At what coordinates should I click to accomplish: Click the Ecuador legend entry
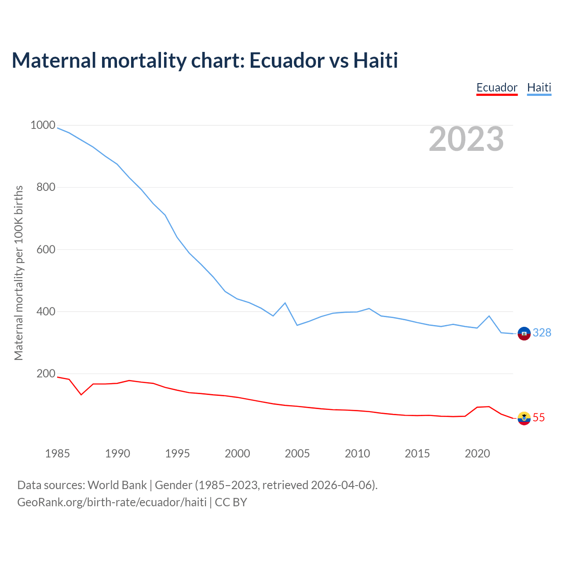(x=497, y=88)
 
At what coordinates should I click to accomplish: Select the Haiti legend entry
(x=539, y=88)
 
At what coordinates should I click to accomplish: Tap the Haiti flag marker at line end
(x=524, y=334)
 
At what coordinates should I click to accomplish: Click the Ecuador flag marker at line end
(x=524, y=418)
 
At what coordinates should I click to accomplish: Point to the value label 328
(x=542, y=333)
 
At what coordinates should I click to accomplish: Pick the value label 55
(x=539, y=418)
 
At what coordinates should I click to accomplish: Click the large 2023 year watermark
(x=466, y=139)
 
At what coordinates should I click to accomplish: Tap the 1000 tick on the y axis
(x=43, y=125)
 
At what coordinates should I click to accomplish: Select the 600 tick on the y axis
(x=46, y=249)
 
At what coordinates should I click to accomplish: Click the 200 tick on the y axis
(x=46, y=374)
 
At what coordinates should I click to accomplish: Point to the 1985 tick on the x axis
(x=58, y=453)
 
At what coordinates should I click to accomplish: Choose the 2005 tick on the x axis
(x=297, y=453)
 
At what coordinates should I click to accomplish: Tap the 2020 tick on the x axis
(x=477, y=453)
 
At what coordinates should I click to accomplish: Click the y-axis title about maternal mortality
(x=18, y=273)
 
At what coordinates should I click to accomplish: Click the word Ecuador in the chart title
(x=286, y=60)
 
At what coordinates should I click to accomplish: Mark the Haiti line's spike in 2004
(x=285, y=303)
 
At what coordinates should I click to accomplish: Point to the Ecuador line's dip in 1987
(x=81, y=395)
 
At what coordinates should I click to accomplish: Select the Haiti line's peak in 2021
(x=489, y=316)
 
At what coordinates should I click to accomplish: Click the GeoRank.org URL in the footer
(x=112, y=502)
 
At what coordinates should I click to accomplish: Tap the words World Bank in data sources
(x=117, y=485)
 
